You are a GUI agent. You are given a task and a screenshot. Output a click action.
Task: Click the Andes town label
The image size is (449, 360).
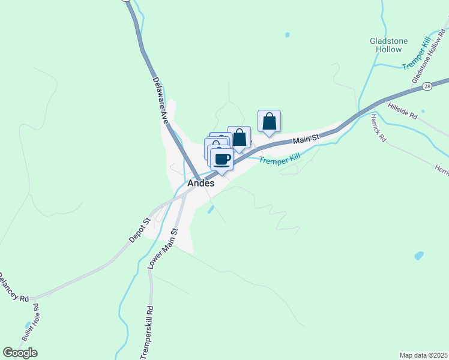[x=200, y=184]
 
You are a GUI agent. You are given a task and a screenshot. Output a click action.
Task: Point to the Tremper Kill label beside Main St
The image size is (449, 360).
[x=280, y=160]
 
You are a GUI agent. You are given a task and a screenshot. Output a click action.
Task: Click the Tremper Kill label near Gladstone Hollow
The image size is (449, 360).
[x=417, y=53]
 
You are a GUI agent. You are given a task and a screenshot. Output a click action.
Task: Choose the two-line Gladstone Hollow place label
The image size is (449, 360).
[x=388, y=45]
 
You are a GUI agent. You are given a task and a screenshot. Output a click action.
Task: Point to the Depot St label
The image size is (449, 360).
[x=139, y=230]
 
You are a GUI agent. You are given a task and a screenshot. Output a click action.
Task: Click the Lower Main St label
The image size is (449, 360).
[x=163, y=248]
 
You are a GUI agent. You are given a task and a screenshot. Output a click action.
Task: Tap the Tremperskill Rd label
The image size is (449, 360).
[x=148, y=333]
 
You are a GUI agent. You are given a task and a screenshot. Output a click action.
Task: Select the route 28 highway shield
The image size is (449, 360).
[x=426, y=86]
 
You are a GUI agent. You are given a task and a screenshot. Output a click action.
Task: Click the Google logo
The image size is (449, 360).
[x=20, y=353]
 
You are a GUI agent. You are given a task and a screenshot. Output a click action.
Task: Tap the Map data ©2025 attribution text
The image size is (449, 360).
[x=424, y=355]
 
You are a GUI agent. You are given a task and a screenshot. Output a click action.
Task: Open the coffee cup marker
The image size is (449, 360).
[x=221, y=160]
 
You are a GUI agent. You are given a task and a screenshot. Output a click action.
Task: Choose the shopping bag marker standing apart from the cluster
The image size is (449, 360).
[x=270, y=121]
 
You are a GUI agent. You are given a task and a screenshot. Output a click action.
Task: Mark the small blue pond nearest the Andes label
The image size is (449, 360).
[x=211, y=209]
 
